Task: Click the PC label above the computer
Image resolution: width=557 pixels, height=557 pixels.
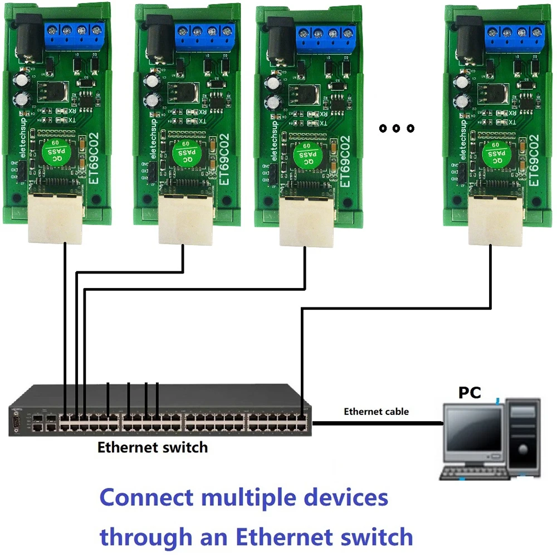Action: (470, 392)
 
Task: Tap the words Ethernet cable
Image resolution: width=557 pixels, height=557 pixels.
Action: (376, 412)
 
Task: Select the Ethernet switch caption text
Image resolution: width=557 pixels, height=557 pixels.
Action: (152, 447)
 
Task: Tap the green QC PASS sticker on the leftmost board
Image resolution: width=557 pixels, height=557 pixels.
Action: (56, 152)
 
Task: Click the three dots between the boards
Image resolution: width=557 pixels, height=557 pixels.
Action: (397, 129)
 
